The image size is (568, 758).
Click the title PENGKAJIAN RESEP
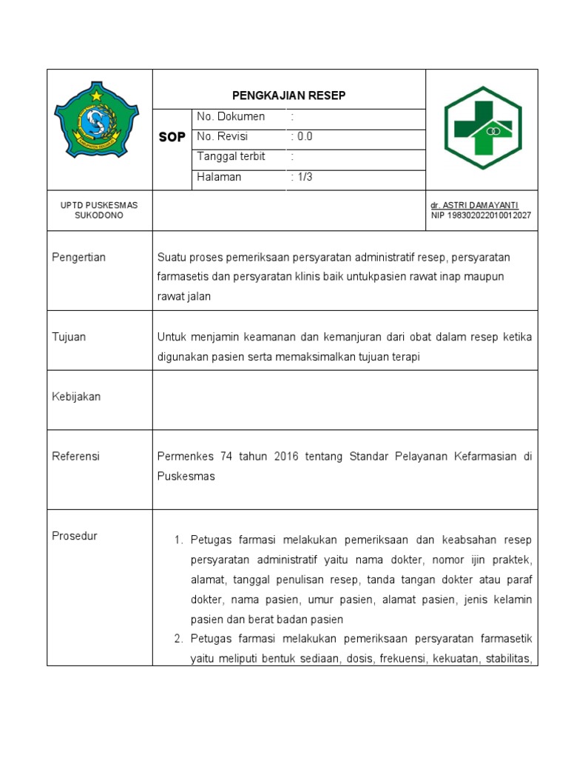click(x=289, y=95)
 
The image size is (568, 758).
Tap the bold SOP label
click(x=172, y=138)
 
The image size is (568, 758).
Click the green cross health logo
click(x=482, y=127)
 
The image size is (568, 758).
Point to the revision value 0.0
click(x=302, y=137)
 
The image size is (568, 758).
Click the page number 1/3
click(x=302, y=177)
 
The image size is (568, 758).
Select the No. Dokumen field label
click(x=231, y=117)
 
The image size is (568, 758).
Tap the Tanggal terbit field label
click(x=231, y=157)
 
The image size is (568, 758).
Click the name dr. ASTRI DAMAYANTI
click(x=474, y=205)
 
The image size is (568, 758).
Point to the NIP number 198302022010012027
click(x=481, y=215)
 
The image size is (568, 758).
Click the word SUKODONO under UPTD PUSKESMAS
click(x=99, y=215)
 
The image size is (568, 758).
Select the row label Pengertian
click(x=78, y=258)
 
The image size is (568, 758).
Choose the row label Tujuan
click(x=69, y=337)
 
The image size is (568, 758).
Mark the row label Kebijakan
click(x=76, y=397)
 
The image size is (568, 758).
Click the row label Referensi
click(x=75, y=457)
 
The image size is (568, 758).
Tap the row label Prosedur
click(x=74, y=536)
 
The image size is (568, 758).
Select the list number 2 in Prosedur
click(x=178, y=639)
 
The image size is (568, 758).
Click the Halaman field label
click(x=219, y=177)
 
